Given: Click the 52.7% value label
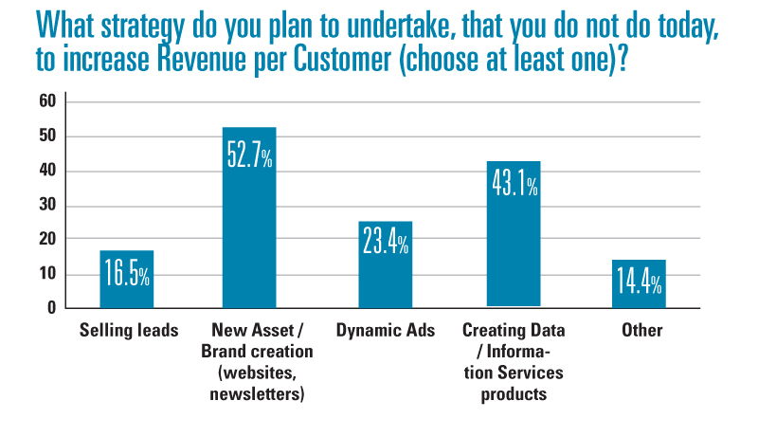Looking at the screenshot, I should tap(249, 155).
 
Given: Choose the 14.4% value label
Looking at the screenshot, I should tap(639, 282).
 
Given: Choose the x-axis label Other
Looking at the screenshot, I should tap(642, 332).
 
